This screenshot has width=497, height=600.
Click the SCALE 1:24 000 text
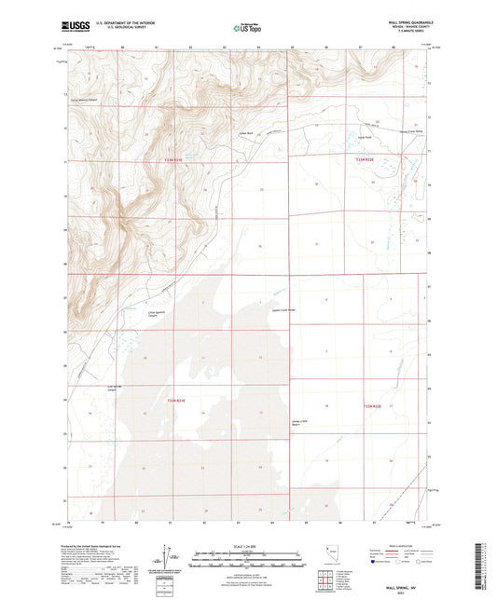[248, 547]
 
